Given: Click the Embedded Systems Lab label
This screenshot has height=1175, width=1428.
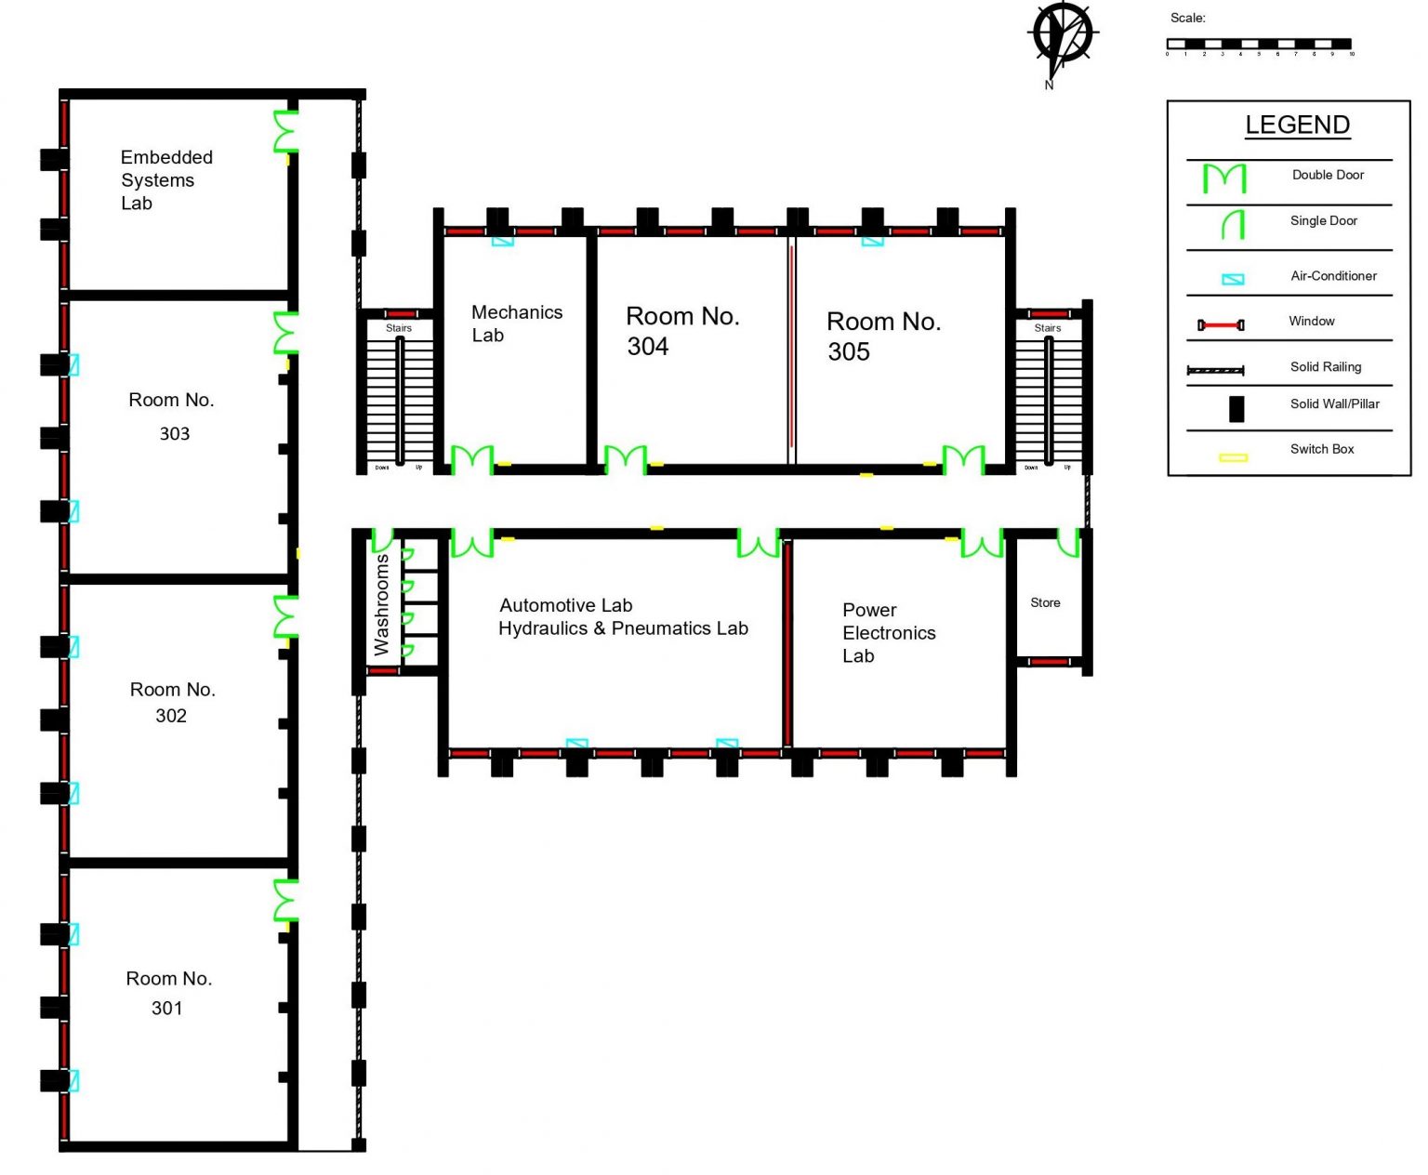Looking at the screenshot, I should coord(166,180).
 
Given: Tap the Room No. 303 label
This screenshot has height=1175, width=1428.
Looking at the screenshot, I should coord(172,416).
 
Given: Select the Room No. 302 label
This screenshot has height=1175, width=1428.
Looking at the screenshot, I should coord(172,702).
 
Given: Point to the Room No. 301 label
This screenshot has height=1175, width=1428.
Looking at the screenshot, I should coord(168,993).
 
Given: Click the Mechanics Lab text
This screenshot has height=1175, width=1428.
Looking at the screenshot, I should coord(516,323).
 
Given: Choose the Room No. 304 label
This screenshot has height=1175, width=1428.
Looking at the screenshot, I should coord(681,331).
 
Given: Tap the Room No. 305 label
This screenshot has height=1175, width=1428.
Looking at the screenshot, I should coord(883,336).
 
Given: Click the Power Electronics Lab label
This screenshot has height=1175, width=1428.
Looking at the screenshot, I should coord(888,633).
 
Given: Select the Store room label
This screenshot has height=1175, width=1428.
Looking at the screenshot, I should coord(1045,603).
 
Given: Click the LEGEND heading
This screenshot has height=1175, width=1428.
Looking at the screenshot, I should coord(1297,125).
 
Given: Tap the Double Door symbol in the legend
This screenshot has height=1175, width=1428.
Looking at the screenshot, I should coord(1223,178).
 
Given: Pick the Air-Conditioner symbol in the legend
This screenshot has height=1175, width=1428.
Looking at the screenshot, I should coord(1233,279).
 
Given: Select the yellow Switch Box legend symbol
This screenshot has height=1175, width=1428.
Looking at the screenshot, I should coord(1233,457).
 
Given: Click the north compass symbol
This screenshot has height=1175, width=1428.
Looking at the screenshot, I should coord(1062,37).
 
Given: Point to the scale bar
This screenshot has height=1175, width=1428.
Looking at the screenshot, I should coord(1259,44).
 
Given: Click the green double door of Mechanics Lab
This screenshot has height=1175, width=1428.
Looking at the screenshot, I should coord(472,459).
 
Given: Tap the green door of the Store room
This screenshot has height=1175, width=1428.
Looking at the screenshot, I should coord(1068,542).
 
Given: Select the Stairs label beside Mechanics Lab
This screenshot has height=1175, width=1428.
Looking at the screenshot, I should coord(399,328).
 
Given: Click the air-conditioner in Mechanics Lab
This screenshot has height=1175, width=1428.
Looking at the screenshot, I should coord(502,241).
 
